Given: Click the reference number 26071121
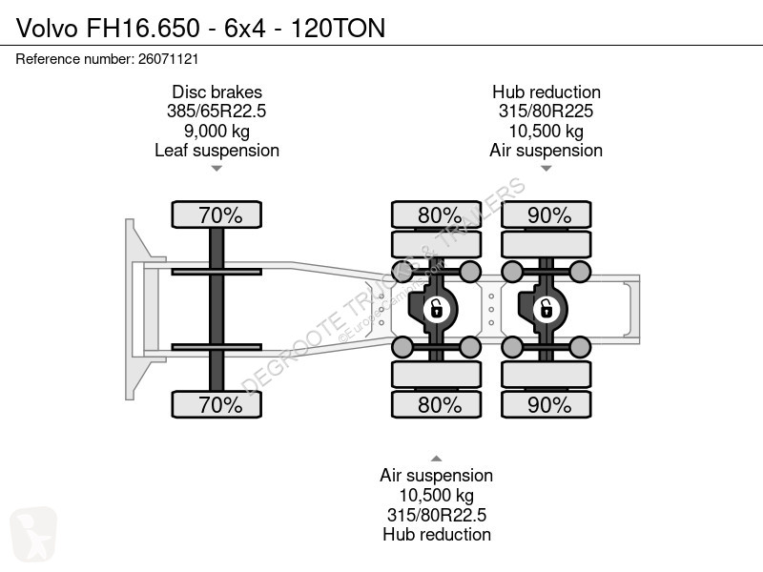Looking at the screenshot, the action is [x=169, y=59].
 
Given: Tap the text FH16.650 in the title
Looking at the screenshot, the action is [x=143, y=28].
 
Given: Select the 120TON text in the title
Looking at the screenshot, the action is [x=339, y=28].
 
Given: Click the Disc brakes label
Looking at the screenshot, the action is [x=217, y=92].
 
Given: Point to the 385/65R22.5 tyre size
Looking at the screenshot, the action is [x=217, y=112].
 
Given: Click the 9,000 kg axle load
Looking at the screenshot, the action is [x=217, y=131].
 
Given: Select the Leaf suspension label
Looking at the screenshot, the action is [x=217, y=151].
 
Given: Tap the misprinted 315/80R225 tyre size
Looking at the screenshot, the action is [x=546, y=112].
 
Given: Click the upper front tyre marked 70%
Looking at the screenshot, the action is [x=217, y=214].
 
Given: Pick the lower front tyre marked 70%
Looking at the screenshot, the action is [x=217, y=404].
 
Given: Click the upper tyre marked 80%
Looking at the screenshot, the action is [x=437, y=214].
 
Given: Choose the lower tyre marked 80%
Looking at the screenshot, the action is [x=437, y=404].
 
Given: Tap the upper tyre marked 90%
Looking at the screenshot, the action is [x=546, y=214].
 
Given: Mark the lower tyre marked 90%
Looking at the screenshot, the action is [x=546, y=404].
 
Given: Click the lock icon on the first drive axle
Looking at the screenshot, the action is [x=436, y=309].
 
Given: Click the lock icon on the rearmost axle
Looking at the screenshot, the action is [x=546, y=309].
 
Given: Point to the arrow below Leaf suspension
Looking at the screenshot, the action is [x=217, y=169].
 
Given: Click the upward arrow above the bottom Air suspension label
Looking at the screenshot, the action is [x=437, y=459].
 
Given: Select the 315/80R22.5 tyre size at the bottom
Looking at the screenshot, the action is [x=437, y=515].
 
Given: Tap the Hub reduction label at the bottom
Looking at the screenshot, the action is [x=437, y=535].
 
